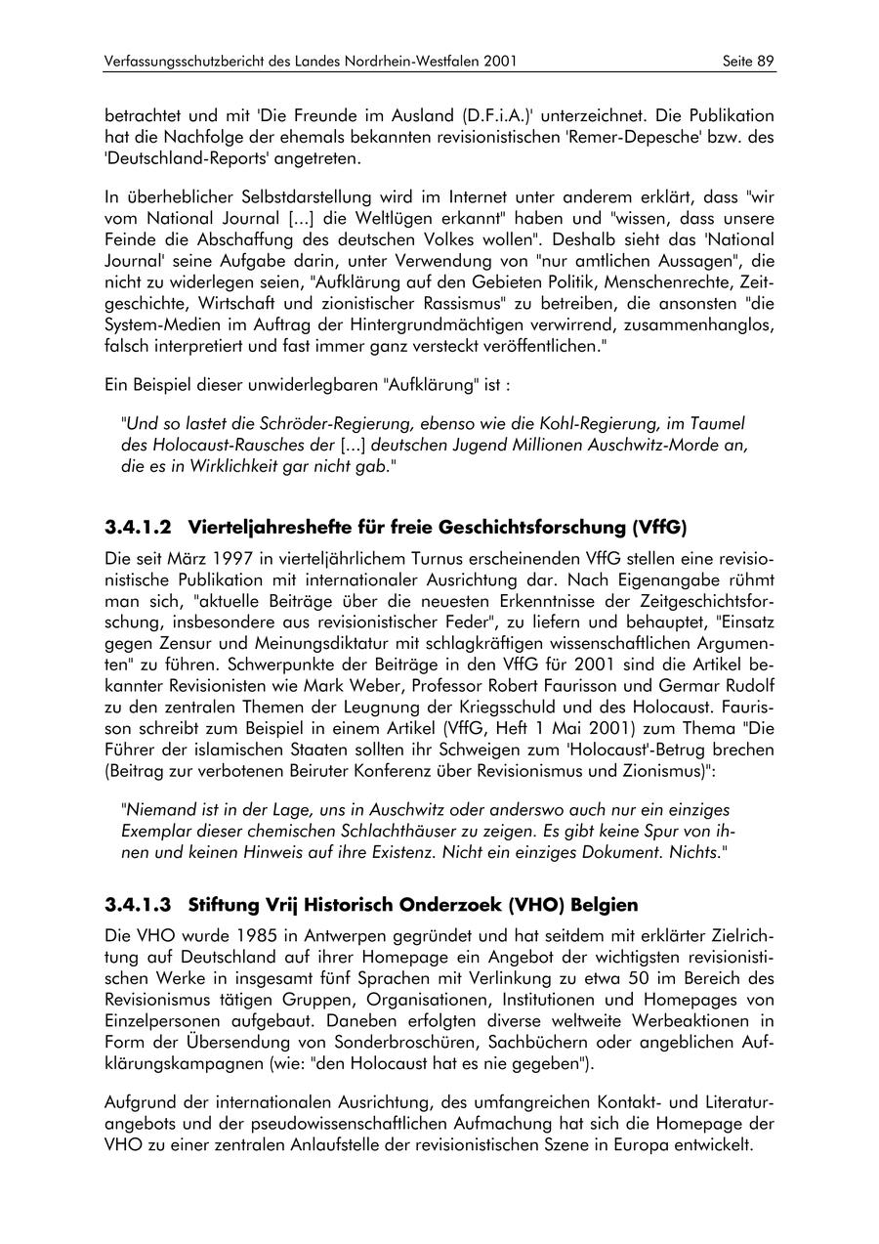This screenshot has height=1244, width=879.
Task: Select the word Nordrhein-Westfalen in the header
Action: click(396, 61)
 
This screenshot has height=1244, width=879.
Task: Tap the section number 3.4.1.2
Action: click(138, 528)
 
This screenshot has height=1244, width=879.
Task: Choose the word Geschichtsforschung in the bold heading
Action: click(534, 528)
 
